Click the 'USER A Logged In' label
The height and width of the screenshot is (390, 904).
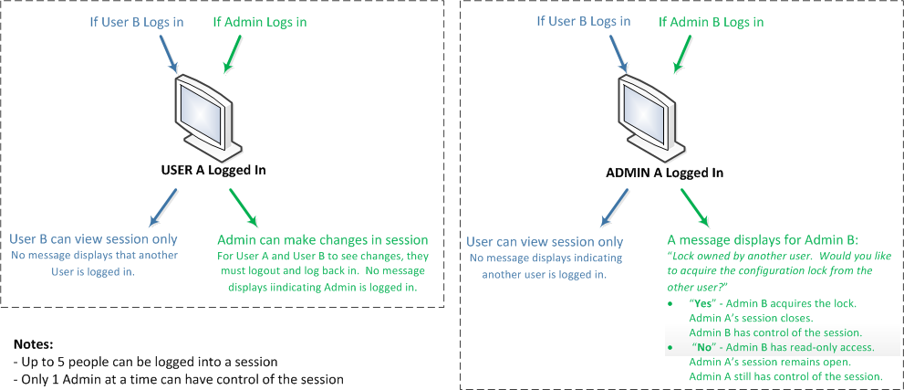point(213,170)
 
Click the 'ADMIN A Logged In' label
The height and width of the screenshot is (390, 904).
point(664,172)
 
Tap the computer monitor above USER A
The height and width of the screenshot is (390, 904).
point(206,114)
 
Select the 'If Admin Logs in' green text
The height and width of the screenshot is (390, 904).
point(259,21)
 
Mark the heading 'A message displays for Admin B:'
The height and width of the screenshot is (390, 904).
point(771,240)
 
